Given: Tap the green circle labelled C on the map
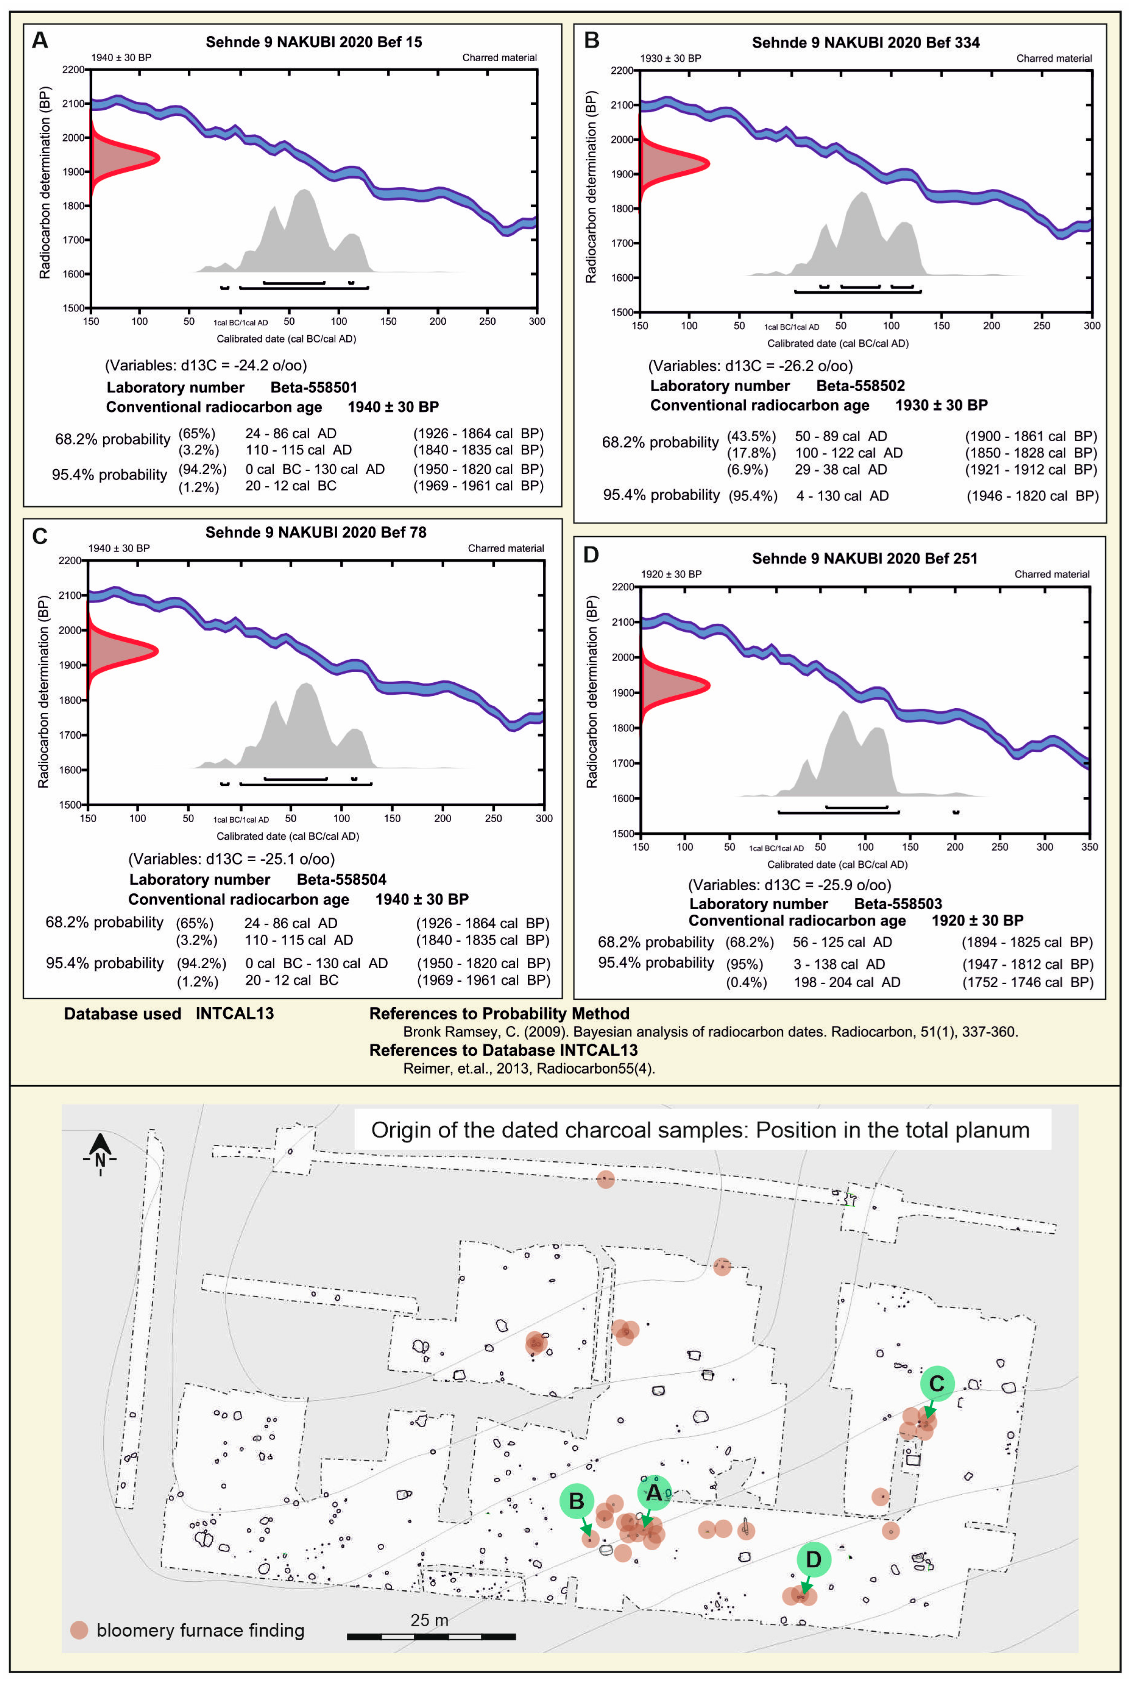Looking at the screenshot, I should click(x=936, y=1383).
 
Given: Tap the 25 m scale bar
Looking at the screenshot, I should click(x=431, y=1636).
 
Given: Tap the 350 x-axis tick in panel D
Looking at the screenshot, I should click(x=1089, y=847).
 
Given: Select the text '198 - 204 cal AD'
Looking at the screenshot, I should click(x=847, y=982).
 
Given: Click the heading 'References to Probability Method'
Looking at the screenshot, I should click(x=499, y=1014).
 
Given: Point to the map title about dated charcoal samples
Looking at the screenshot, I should click(x=700, y=1130).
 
